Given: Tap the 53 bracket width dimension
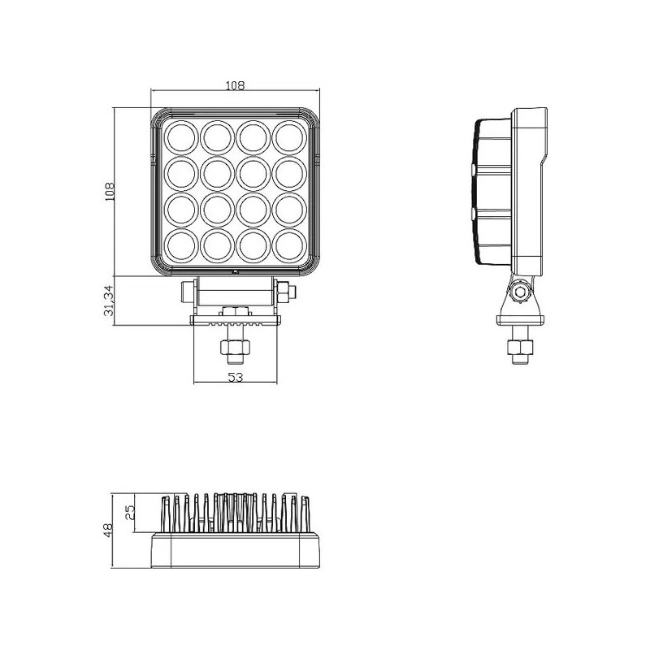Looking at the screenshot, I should coord(235,376).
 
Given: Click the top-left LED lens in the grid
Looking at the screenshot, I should coord(180,136).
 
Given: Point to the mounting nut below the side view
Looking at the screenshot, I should coord(518,348).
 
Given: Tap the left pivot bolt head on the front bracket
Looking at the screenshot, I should coord(187,290).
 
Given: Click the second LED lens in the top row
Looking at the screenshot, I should coord(216,136).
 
